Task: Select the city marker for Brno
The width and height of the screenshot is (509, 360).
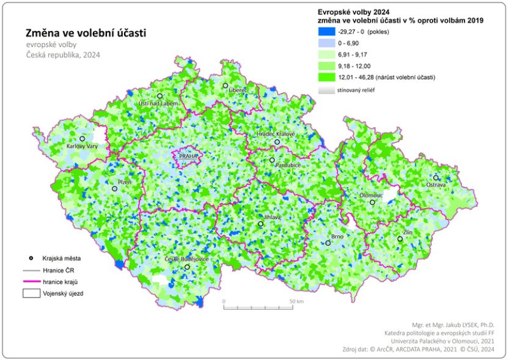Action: coord(328,243)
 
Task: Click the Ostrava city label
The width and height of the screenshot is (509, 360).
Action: coord(436,184)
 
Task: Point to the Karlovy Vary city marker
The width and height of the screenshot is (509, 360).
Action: coord(82,139)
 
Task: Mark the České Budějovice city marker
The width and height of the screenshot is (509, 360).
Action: coord(187,267)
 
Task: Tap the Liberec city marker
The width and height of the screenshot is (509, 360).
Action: coord(225,86)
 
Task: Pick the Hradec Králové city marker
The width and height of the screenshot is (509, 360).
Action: coord(277,142)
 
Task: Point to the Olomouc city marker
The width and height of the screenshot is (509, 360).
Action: coord(372,202)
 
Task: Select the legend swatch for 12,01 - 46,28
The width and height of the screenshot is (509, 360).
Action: coord(326,77)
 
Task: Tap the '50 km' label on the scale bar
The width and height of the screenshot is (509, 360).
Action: coord(296,302)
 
